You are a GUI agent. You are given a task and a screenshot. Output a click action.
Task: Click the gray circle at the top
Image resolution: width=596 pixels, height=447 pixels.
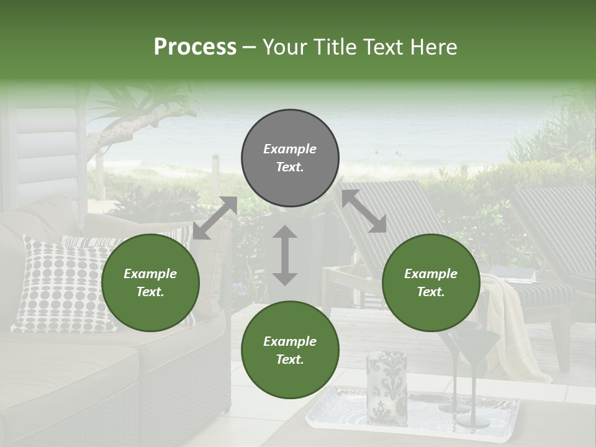point(290,158)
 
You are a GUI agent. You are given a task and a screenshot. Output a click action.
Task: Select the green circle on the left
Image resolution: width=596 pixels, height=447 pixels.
point(150,282)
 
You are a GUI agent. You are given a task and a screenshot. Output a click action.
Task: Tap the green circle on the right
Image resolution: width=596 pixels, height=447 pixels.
point(431,282)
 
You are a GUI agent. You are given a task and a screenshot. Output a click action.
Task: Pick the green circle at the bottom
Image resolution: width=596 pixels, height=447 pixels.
point(290,350)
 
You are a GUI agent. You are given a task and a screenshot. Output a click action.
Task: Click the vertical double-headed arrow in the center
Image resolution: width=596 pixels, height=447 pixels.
point(285,255)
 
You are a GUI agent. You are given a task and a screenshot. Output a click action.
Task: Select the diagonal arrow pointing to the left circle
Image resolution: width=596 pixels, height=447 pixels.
point(215,218)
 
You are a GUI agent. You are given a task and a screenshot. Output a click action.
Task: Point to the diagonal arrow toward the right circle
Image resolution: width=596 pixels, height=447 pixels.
point(364,211)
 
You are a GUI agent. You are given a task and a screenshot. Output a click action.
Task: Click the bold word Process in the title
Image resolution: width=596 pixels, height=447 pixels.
point(195,47)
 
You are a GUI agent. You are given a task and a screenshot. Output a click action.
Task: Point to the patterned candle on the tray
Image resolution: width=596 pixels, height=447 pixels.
point(386,385)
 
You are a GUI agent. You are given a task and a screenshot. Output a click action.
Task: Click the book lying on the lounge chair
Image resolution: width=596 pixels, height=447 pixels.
point(513,274)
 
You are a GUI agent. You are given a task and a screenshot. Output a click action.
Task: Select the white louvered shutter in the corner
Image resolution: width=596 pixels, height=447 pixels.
point(47,149)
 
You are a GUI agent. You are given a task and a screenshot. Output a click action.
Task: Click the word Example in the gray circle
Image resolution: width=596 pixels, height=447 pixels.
point(290,149)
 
